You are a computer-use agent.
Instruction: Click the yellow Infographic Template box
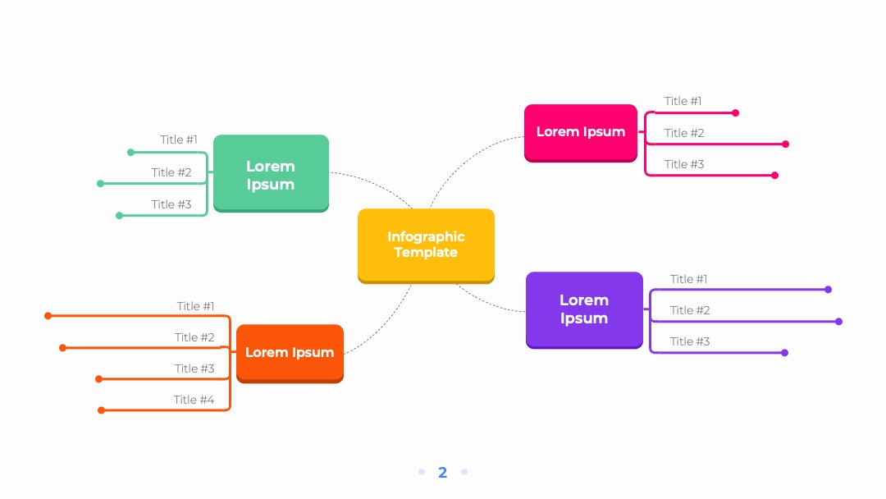click(x=426, y=246)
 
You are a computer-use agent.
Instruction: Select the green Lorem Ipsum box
click(x=272, y=173)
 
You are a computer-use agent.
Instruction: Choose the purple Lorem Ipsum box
click(x=584, y=310)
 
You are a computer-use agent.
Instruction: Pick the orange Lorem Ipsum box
click(x=290, y=354)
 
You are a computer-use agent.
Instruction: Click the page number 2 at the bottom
click(x=442, y=473)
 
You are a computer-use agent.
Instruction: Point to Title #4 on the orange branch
click(x=194, y=400)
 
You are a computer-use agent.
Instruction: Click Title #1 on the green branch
click(x=179, y=140)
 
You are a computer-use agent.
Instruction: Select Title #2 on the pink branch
click(x=684, y=133)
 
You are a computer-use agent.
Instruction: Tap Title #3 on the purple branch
click(x=690, y=341)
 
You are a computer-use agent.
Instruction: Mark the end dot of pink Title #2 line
click(x=785, y=144)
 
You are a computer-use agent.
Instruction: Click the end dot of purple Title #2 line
click(x=839, y=322)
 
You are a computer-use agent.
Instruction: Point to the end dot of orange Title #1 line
click(x=48, y=316)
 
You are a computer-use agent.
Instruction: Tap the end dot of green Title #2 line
click(x=100, y=184)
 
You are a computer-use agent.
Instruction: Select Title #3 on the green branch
click(x=171, y=204)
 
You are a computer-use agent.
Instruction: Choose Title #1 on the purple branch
click(x=689, y=279)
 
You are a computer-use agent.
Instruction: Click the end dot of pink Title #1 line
click(x=735, y=113)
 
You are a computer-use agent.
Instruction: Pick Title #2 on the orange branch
click(x=194, y=337)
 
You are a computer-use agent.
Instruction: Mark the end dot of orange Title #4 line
click(x=101, y=410)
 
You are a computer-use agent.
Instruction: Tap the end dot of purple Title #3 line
click(x=785, y=353)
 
